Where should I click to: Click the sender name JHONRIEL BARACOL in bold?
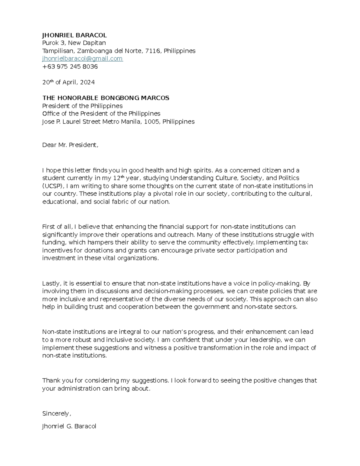(x=74, y=35)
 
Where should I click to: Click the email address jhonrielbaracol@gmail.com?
(x=82, y=59)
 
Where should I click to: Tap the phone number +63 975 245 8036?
(x=70, y=67)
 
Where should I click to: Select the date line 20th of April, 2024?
(x=68, y=82)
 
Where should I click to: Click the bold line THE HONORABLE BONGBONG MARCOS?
(x=106, y=98)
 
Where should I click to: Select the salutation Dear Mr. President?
(x=70, y=145)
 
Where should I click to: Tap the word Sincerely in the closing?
(x=56, y=413)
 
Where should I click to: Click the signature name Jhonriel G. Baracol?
(x=69, y=426)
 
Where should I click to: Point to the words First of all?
(x=57, y=227)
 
